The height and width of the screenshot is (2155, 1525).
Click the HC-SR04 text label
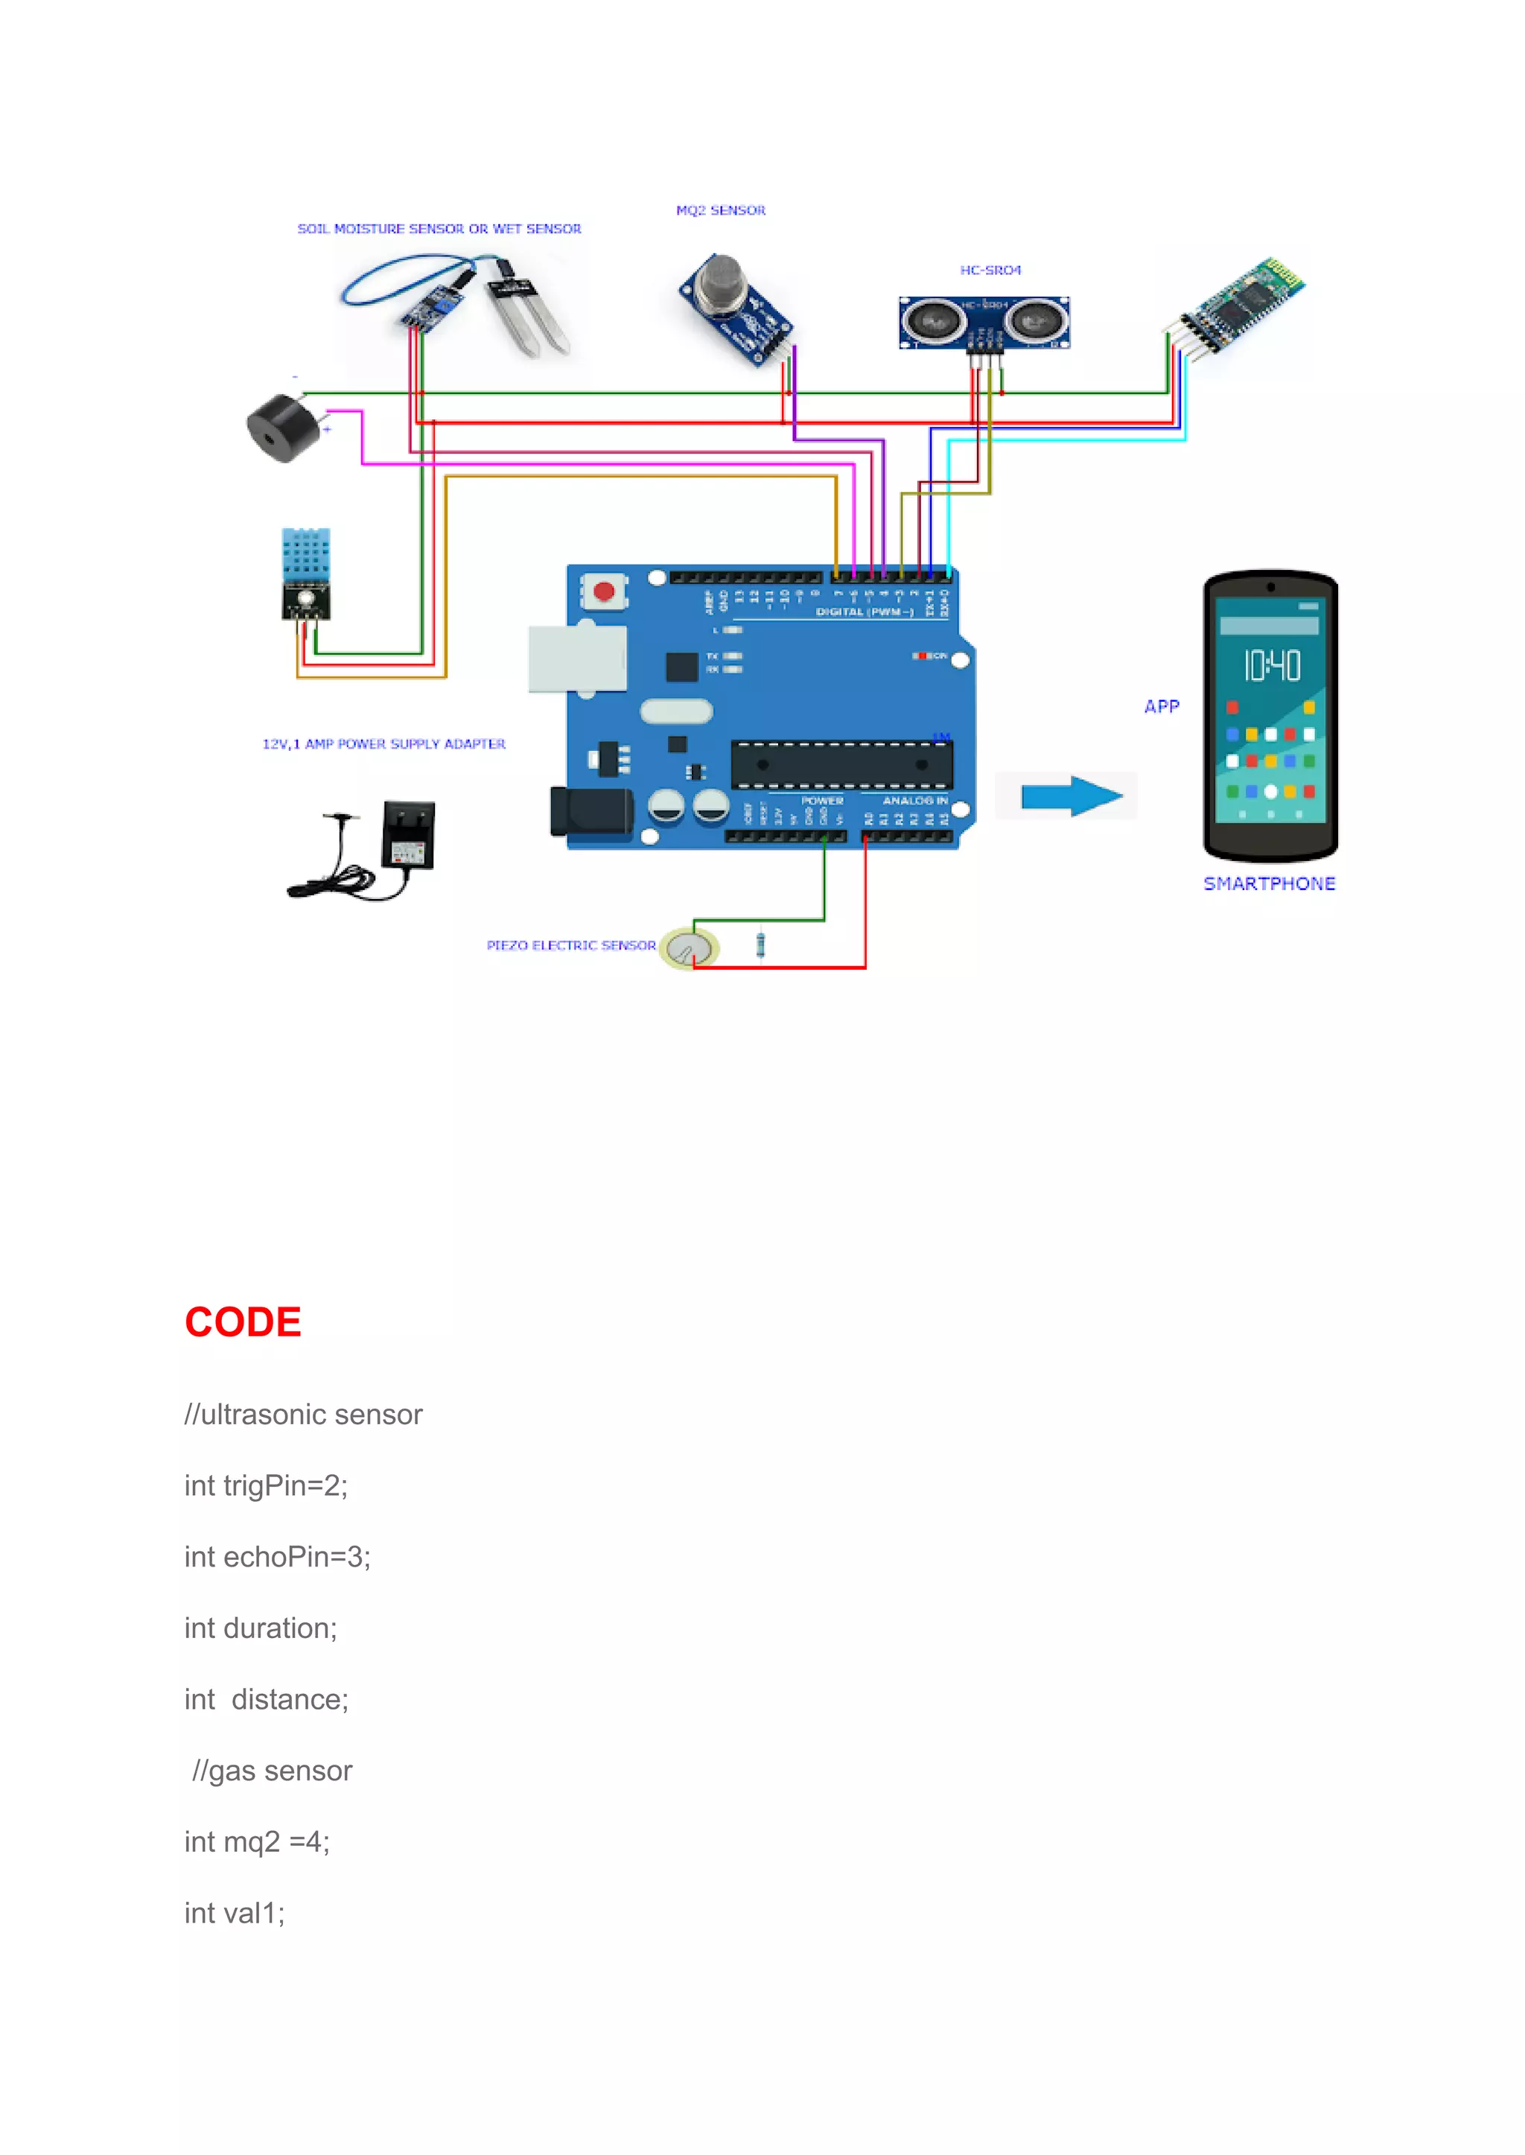(x=990, y=270)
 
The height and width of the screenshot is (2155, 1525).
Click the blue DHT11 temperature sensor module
(x=305, y=564)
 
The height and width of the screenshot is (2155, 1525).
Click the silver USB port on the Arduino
(x=576, y=658)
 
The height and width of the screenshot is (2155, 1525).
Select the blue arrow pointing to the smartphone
(x=1072, y=796)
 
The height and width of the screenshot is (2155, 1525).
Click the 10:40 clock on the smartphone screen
(x=1272, y=665)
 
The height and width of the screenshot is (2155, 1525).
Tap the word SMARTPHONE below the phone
(x=1269, y=884)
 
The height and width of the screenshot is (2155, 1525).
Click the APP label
(x=1162, y=706)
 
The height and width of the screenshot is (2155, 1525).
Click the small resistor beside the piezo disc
(x=760, y=944)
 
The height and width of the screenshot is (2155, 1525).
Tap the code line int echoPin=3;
(x=277, y=1557)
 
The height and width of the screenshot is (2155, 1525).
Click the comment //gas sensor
(x=273, y=1771)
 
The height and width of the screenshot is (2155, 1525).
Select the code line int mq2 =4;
(x=256, y=1842)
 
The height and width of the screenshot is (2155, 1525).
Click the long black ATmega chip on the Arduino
(x=841, y=765)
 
